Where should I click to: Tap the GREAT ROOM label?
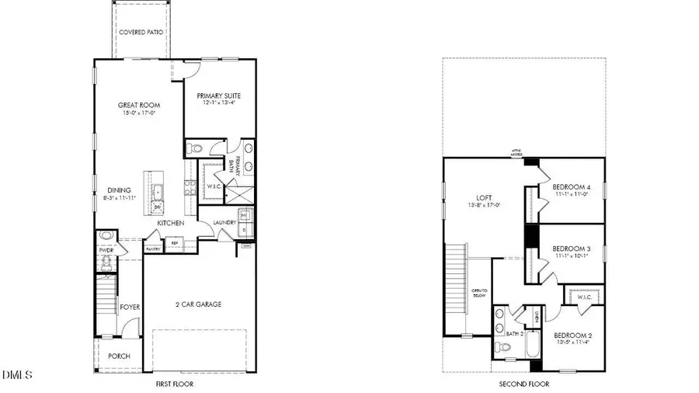[134, 105]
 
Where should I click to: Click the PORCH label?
[119, 356]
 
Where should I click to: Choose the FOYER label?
[130, 308]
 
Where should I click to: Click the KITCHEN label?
[170, 224]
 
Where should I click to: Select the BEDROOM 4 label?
[572, 187]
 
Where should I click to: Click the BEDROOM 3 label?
[572, 249]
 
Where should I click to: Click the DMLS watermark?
[18, 376]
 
